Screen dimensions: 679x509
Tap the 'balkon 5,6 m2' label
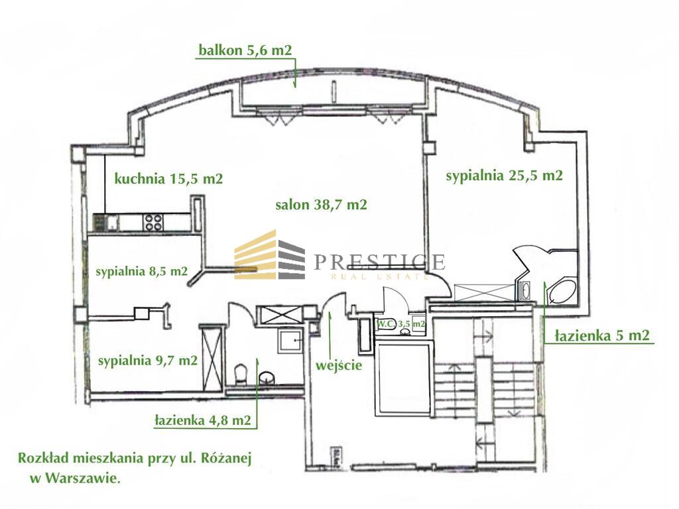tap(245, 50)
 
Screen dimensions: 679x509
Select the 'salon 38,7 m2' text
tap(322, 204)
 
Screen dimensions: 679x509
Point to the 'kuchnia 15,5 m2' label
tap(168, 178)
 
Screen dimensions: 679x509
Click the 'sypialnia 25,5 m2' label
tap(505, 176)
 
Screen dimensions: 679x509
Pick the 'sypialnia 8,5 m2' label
tap(142, 271)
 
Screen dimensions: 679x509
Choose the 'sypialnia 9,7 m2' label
tap(148, 361)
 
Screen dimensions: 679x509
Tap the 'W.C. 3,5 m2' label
tap(400, 323)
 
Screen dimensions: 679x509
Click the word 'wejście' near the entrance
tap(339, 366)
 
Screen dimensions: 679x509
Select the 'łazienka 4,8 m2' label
tap(203, 420)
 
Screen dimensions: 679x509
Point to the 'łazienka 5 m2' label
tap(602, 335)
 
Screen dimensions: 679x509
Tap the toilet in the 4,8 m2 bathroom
tap(240, 374)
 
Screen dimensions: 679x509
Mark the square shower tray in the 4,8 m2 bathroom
tap(290, 339)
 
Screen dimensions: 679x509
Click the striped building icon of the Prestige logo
tap(269, 255)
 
